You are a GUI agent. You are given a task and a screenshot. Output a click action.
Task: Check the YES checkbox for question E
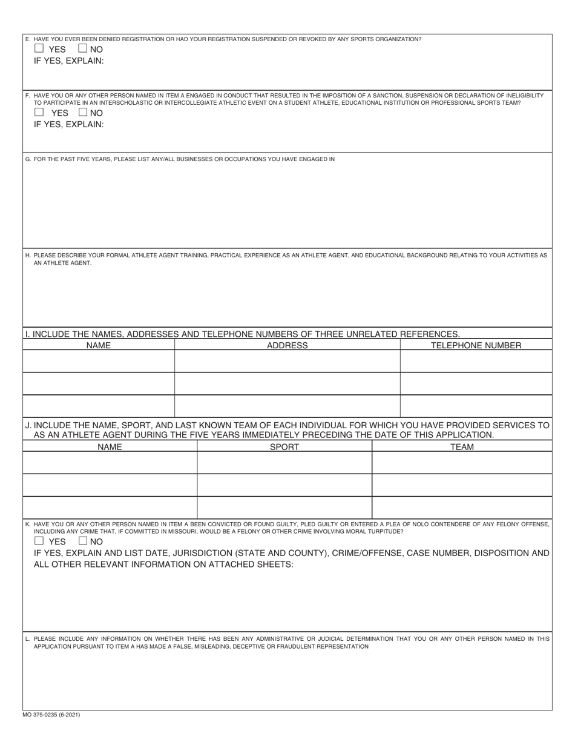39,48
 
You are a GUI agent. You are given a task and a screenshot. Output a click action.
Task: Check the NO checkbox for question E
83,48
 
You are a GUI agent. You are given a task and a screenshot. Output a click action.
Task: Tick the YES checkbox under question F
39,112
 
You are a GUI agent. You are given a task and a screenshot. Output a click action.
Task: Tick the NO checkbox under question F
83,112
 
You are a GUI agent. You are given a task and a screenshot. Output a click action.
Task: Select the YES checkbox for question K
39,541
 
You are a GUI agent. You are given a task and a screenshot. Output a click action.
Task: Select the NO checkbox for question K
83,541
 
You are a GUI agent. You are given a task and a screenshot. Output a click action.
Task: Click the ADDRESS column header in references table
287,345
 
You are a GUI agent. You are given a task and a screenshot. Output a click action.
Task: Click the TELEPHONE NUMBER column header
476,345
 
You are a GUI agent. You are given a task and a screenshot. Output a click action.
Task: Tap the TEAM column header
462,447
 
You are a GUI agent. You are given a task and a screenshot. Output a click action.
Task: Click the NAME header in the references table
99,345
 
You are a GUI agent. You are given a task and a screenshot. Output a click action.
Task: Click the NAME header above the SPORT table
110,447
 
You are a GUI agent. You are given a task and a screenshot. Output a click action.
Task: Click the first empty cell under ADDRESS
287,362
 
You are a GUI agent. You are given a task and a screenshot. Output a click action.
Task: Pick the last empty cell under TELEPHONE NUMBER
476,406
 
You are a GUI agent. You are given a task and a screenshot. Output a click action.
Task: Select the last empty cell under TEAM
462,508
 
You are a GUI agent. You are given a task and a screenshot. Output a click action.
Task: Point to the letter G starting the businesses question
28,159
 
